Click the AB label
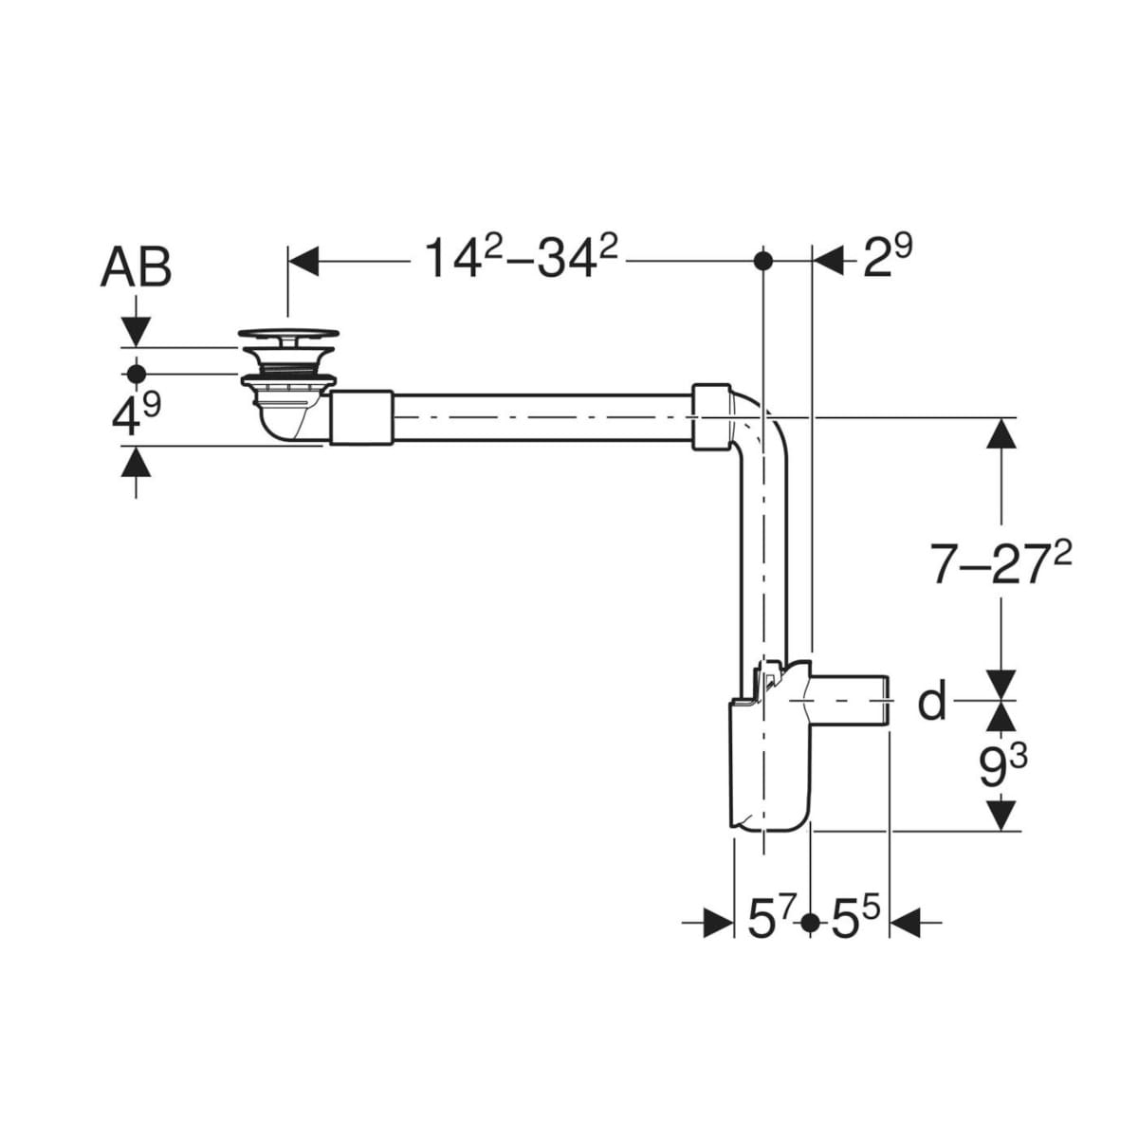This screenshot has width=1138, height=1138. (136, 267)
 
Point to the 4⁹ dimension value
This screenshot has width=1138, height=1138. (136, 413)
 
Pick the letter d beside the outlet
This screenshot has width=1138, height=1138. (932, 700)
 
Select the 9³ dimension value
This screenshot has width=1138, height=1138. (1003, 764)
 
